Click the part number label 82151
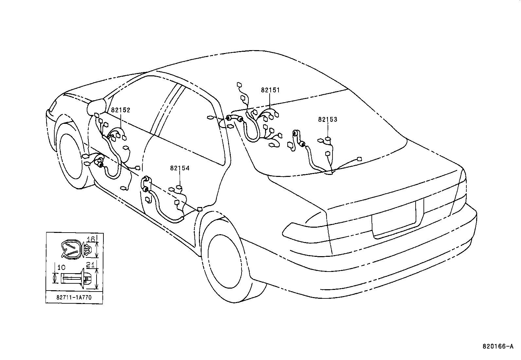click(x=270, y=90)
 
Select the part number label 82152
click(x=120, y=110)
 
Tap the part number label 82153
click(x=328, y=120)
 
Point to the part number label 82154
click(x=180, y=168)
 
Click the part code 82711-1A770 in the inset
click(x=74, y=298)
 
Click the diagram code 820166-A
click(x=498, y=346)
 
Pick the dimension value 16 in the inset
click(x=92, y=239)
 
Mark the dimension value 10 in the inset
click(x=61, y=268)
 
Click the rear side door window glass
click(x=193, y=128)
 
